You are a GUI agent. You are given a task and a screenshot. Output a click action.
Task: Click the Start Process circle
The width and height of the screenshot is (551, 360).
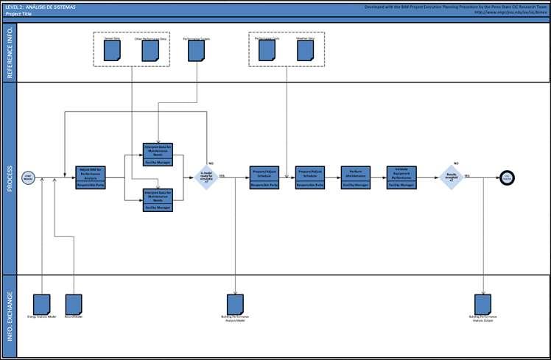tap(29, 177)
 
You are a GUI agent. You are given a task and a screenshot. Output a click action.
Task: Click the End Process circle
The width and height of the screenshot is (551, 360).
tap(507, 177)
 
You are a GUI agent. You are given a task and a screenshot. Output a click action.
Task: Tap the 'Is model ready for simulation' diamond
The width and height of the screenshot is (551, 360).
tap(207, 177)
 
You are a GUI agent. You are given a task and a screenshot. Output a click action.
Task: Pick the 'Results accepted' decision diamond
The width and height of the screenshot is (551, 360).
tap(451, 177)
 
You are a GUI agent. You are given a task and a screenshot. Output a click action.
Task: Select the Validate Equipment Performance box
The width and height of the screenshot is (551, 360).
tap(402, 177)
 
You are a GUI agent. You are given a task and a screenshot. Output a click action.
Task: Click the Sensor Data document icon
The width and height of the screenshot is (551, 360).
tap(113, 50)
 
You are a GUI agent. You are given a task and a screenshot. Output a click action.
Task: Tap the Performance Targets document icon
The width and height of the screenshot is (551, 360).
tap(196, 50)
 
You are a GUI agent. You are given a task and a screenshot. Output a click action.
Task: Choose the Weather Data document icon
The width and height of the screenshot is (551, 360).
tap(306, 50)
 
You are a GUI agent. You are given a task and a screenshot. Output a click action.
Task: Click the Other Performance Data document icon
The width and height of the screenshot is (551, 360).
tap(150, 50)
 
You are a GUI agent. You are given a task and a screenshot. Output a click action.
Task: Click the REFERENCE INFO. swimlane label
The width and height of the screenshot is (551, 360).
tap(10, 52)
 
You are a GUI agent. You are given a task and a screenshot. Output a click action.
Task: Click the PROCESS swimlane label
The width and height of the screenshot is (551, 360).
tap(10, 177)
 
